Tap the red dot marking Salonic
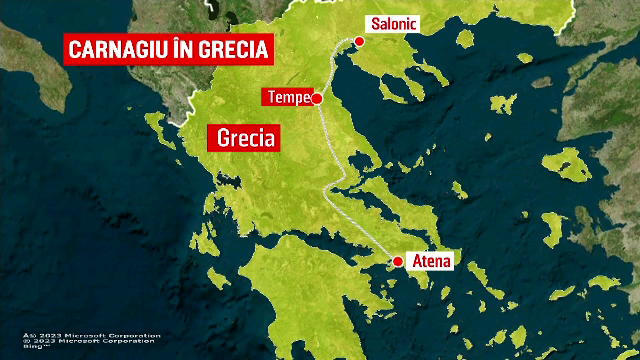click(359, 41)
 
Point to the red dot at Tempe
click(316, 98)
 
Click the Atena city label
click(430, 261)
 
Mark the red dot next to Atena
click(398, 261)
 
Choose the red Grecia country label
click(241, 138)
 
